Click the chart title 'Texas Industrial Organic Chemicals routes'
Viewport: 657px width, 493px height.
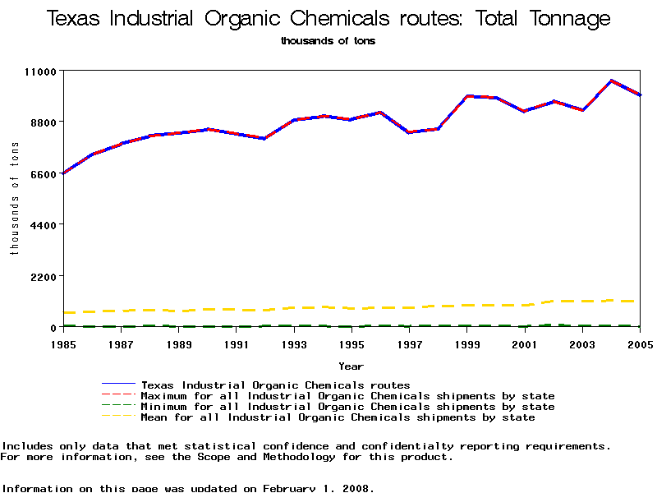point(328,19)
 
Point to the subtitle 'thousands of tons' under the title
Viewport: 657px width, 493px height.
point(328,40)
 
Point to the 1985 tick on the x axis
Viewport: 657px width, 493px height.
point(63,343)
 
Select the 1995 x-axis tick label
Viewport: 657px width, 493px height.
point(351,343)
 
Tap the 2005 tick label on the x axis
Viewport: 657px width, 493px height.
point(640,343)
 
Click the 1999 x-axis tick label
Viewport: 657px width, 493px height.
point(467,343)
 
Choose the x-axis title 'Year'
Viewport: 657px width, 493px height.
point(351,366)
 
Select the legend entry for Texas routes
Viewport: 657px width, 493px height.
point(275,385)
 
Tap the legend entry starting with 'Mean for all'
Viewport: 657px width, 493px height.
point(338,417)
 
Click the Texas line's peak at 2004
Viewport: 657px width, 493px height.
point(611,81)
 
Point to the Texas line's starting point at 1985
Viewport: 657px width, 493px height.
point(63,173)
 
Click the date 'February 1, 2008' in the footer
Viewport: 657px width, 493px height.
point(318,488)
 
